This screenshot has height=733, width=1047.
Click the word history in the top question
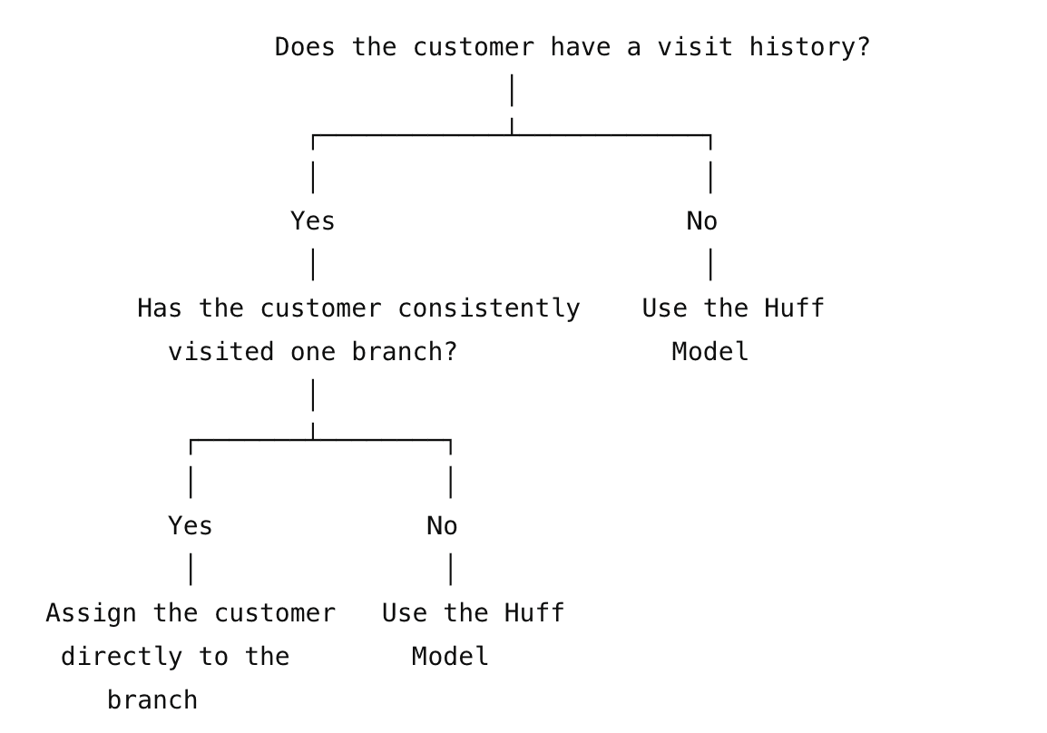click(809, 47)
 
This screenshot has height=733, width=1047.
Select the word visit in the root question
click(694, 47)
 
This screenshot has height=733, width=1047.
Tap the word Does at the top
click(305, 47)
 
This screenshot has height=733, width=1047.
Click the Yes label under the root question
click(312, 221)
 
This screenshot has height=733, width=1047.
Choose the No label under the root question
click(702, 221)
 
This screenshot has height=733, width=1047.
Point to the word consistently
click(489, 308)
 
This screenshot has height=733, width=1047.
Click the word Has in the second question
click(159, 308)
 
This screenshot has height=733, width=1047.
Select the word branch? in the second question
click(404, 352)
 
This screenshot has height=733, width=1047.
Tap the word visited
click(220, 352)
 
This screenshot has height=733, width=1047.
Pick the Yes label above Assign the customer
click(191, 526)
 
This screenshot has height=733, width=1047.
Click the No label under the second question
click(442, 526)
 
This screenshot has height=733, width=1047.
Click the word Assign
click(91, 613)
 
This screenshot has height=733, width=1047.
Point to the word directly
click(122, 657)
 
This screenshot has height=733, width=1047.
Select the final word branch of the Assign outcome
click(152, 700)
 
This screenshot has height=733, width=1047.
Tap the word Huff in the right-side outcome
click(794, 308)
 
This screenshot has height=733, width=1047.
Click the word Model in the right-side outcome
click(709, 352)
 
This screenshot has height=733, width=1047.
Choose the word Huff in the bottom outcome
click(533, 613)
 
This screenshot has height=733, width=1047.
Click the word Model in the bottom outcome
click(450, 657)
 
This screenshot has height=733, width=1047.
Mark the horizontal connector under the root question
click(512, 135)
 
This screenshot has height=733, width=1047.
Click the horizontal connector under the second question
click(320, 440)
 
